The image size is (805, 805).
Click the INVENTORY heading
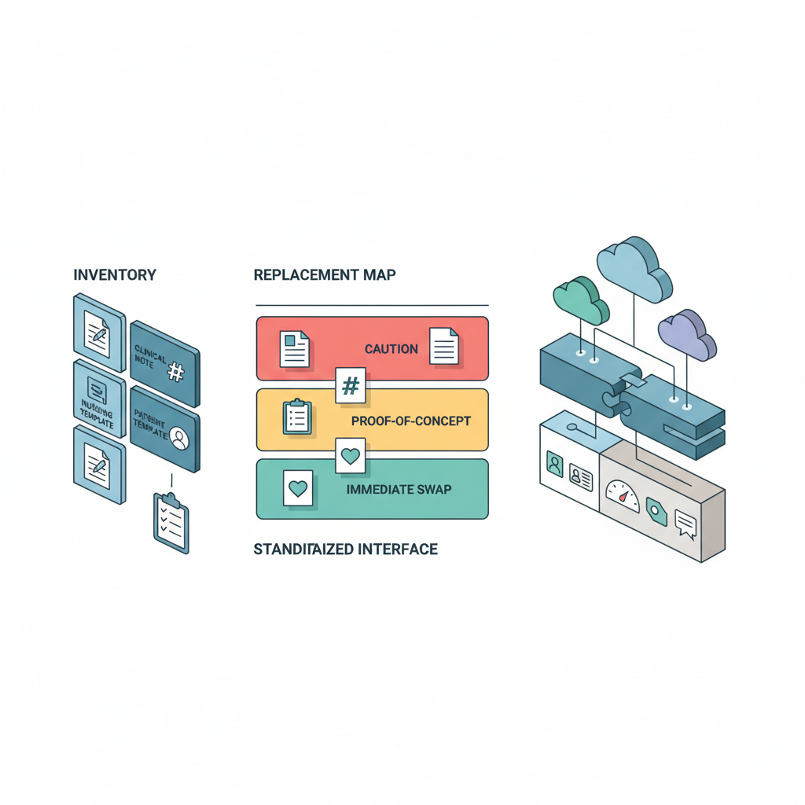[x=115, y=275]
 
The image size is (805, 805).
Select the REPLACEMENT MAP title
[x=325, y=275]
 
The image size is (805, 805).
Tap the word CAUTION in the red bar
[x=391, y=349]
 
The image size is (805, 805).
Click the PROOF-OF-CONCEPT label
[x=411, y=421]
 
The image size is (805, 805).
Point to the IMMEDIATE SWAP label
[x=399, y=489]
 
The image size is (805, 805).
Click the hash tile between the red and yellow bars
[x=351, y=385]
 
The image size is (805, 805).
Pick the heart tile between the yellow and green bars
[x=350, y=455]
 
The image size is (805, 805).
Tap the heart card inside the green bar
[x=297, y=488]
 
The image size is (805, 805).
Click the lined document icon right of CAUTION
[x=443, y=345]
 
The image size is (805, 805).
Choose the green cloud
[x=580, y=300]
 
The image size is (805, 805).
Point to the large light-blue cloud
[x=634, y=269]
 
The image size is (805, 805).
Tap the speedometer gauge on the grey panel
[x=623, y=496]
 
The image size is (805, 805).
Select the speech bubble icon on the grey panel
[x=686, y=524]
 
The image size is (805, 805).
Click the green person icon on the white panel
[x=555, y=465]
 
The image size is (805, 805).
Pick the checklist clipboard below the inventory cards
[x=171, y=523]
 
